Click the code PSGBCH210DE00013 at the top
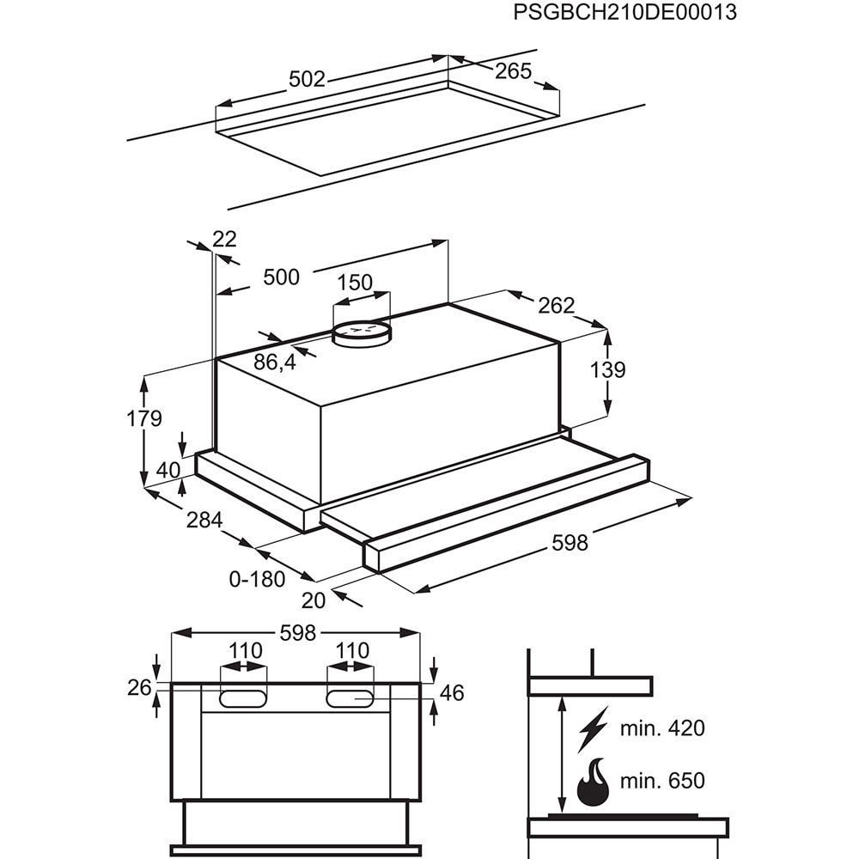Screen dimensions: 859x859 point(624,13)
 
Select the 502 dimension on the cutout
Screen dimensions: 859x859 point(307,79)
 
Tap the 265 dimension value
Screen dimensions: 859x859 point(514,71)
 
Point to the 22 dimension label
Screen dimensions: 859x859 point(224,239)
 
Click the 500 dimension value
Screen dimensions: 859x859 point(281,277)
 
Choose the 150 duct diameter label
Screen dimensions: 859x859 point(355,282)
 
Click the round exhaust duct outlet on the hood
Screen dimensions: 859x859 point(361,333)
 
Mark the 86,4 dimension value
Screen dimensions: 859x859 point(275,362)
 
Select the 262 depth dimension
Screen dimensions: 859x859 point(557,305)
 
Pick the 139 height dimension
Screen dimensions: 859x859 point(607,370)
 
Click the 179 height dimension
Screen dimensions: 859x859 point(143,419)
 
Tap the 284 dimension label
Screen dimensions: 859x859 point(204,520)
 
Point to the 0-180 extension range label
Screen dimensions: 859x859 point(257,579)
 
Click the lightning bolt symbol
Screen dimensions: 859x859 point(592,728)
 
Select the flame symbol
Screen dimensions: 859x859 point(593,782)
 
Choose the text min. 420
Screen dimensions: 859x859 point(661,728)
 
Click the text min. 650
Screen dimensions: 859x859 point(661,781)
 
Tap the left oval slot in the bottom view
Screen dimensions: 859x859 point(242,698)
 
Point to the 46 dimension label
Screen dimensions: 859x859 point(452,693)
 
